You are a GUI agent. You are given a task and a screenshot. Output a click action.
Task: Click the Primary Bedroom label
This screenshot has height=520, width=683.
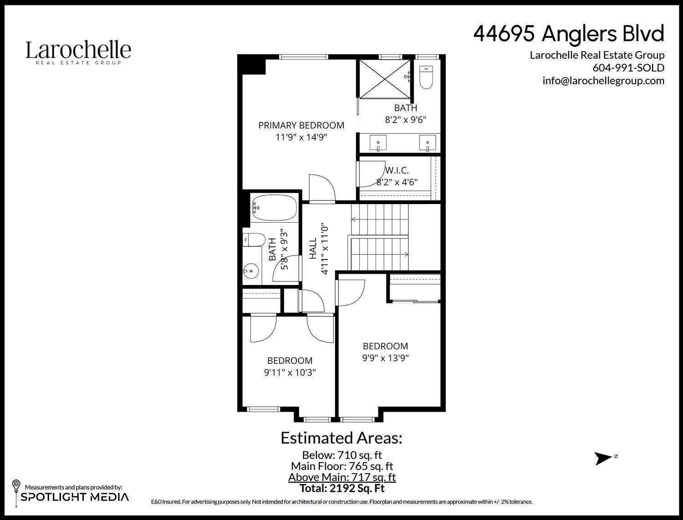point(301,125)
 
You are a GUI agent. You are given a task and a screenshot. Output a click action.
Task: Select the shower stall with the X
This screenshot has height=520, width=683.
point(385,78)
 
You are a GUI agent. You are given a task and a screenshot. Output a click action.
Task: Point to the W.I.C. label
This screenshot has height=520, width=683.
point(397,171)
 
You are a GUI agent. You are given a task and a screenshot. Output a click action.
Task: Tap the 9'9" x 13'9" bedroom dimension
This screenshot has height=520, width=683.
point(385,358)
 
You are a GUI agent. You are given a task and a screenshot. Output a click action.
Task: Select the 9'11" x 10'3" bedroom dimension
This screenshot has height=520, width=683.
point(290,372)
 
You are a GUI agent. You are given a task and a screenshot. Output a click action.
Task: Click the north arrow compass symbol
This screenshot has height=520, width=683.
point(604,458)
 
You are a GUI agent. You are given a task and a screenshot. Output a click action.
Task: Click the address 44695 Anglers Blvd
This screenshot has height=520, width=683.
point(569,34)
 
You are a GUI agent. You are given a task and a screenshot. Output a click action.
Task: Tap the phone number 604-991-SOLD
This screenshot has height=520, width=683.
point(628,68)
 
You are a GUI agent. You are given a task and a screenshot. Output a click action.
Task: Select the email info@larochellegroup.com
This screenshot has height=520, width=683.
point(603,81)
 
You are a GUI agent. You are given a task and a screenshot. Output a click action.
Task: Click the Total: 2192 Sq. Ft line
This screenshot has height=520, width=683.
point(342,489)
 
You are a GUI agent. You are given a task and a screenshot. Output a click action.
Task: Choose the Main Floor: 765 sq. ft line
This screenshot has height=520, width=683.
point(342,466)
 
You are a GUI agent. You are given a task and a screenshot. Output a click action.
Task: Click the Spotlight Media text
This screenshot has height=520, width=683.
point(75,497)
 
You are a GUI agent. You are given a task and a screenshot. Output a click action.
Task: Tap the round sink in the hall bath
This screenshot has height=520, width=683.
point(250,272)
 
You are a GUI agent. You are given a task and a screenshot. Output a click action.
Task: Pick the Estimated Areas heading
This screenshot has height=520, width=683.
point(341,438)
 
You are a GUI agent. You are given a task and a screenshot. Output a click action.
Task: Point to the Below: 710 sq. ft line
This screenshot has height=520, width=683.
point(342,455)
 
